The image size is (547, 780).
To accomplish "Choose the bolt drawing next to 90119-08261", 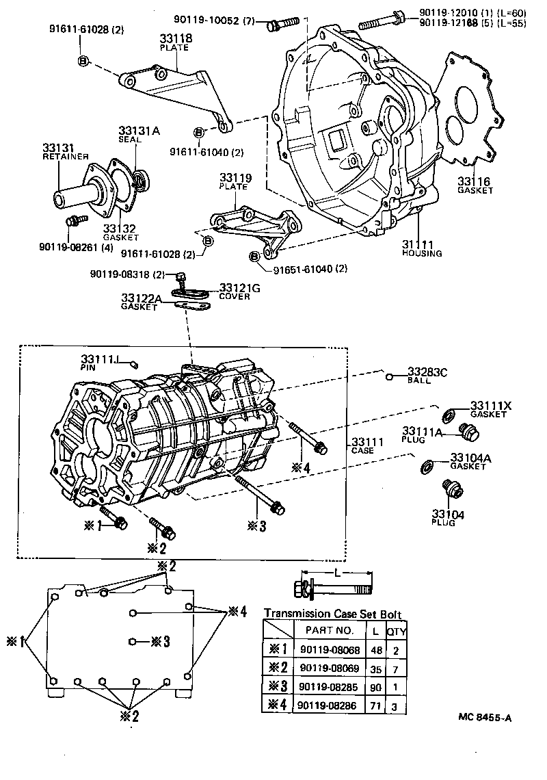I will click(x=72, y=221).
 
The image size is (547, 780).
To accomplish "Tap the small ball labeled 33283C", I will click(x=388, y=376).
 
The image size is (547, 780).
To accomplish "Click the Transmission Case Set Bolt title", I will click(x=333, y=614).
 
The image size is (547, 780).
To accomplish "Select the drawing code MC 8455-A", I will click(x=485, y=718).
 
